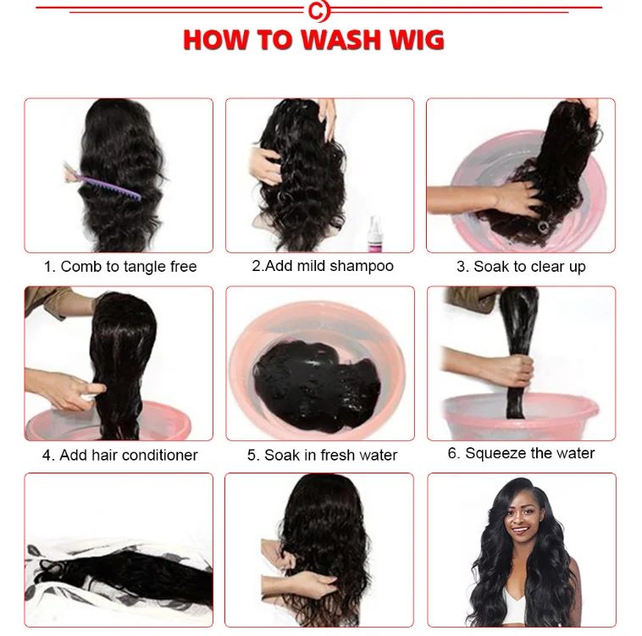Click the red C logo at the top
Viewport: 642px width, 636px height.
click(318, 11)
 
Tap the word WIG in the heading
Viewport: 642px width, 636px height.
click(414, 40)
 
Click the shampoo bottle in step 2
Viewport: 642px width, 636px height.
click(374, 232)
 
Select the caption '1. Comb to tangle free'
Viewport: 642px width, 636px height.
click(120, 267)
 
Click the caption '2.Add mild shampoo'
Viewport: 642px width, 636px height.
click(323, 266)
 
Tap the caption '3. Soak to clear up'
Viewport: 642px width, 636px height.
click(521, 267)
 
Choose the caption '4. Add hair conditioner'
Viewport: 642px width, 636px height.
click(120, 455)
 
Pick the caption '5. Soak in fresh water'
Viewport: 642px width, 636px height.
click(322, 455)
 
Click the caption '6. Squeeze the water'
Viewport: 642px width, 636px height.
click(521, 453)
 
